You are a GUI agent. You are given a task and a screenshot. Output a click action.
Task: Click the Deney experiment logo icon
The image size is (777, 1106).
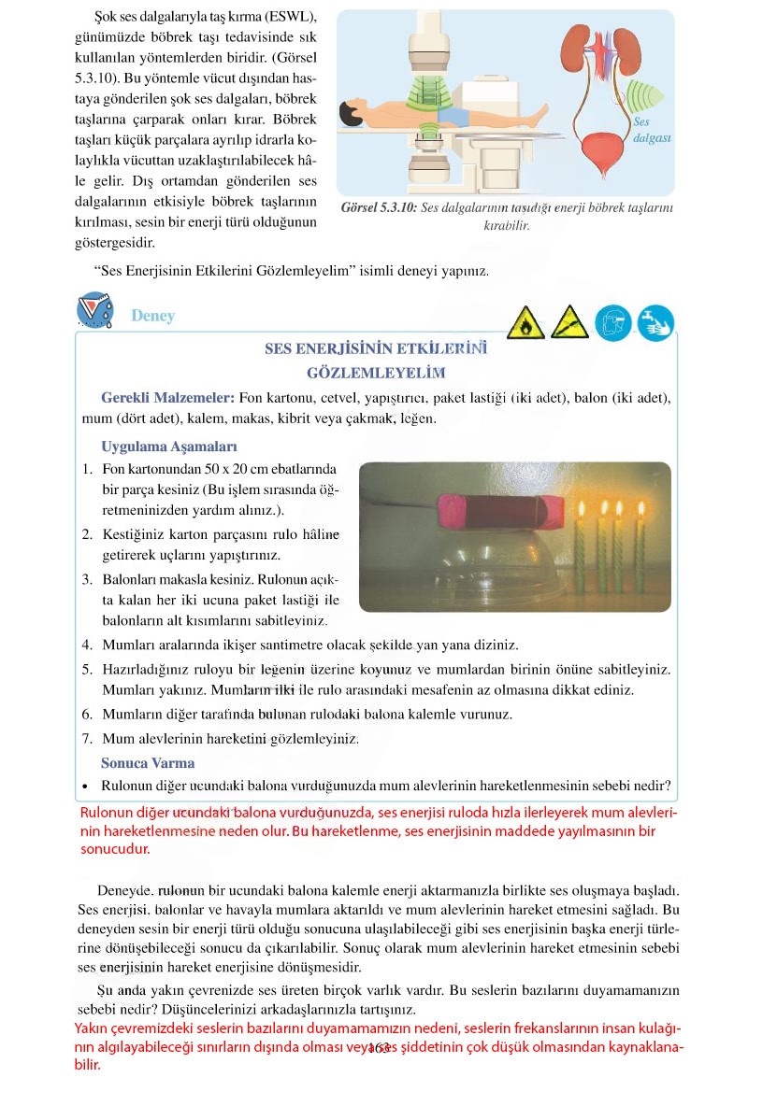[95, 312]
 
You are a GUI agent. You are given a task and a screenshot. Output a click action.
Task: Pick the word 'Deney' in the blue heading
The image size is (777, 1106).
[152, 316]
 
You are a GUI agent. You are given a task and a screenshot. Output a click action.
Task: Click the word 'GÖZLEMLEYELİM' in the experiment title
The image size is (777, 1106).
[375, 372]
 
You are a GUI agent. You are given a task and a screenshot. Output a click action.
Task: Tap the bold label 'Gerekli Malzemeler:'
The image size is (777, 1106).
[162, 398]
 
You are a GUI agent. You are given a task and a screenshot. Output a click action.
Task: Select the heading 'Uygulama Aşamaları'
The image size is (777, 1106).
[168, 447]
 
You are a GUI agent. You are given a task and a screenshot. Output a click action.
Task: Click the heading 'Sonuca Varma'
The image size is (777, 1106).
[148, 762]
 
